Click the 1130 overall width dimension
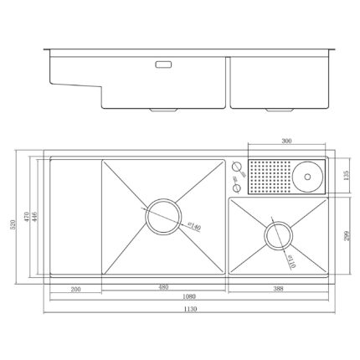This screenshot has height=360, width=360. coord(190,309)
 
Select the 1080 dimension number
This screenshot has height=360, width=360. coord(189,296)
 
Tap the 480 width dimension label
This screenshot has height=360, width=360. coord(163,287)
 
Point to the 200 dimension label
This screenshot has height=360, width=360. coord(75,289)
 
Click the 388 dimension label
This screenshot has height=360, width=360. coord(278,289)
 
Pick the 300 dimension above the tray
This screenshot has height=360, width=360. coord(286,141)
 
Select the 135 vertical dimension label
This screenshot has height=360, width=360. coord(346,176)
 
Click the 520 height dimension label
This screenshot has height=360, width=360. coord(13,224)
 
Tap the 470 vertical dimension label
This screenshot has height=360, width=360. coord(27,217)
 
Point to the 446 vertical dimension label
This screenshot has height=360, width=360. coord(35,217)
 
